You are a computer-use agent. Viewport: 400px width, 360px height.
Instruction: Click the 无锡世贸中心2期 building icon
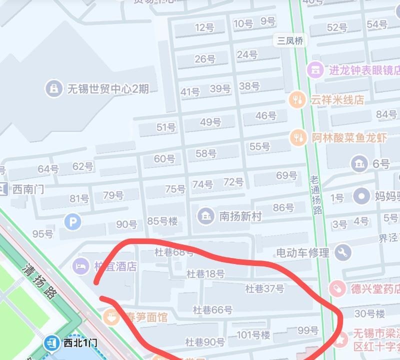tap(53, 89)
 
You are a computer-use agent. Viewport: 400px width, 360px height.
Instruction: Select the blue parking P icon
tap(72, 220)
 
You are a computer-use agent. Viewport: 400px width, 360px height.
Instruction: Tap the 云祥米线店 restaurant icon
tap(298, 99)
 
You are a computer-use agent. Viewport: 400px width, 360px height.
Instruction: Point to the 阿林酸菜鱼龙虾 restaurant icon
tap(298, 136)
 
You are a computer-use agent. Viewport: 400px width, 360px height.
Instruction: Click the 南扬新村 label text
tap(240, 216)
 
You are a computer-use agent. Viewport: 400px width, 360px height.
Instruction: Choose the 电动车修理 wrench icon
tap(343, 252)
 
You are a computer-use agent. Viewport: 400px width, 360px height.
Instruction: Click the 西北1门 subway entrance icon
tap(51, 343)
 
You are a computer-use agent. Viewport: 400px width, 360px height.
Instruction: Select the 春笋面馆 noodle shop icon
tap(110, 316)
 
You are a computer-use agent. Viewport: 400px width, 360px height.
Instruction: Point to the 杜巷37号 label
tap(264, 288)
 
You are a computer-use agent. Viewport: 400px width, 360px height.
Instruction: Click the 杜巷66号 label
tap(213, 310)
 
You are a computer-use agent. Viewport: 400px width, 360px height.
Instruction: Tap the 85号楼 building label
tap(162, 220)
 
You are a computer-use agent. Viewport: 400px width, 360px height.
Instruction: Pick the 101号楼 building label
tap(253, 334)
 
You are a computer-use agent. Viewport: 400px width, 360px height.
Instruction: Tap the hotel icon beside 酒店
tap(80, 265)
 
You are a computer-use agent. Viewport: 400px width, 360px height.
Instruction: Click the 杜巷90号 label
tap(205, 342)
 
